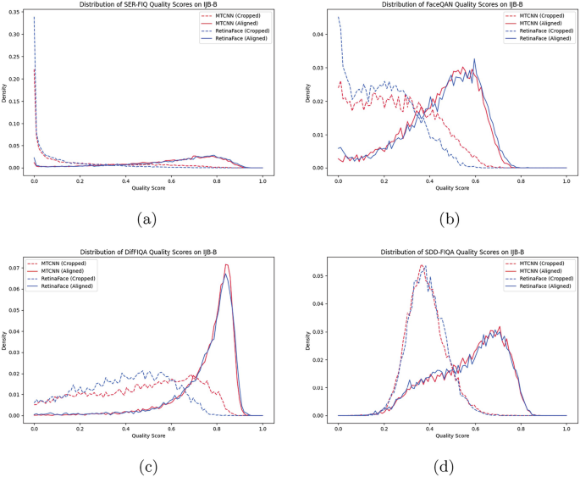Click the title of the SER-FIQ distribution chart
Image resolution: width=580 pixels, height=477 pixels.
click(x=148, y=5)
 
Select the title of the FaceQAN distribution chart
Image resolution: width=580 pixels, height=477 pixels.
click(x=451, y=5)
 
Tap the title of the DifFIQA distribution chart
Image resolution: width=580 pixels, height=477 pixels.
click(x=148, y=252)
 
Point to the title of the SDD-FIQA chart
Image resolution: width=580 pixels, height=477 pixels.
click(x=451, y=252)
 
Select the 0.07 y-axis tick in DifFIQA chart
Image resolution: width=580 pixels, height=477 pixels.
click(x=14, y=268)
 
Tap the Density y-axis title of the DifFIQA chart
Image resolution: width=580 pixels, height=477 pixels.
click(x=4, y=341)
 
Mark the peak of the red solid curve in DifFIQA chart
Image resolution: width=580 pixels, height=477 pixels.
click(x=226, y=265)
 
